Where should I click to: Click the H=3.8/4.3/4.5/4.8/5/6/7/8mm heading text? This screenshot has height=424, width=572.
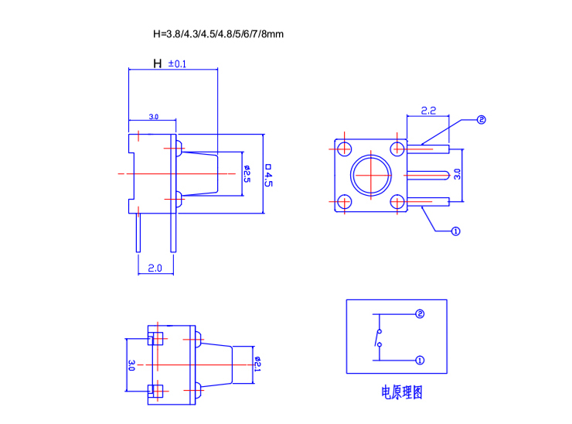coord(219,34)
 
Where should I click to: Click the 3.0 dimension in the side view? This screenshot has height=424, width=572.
coord(153,117)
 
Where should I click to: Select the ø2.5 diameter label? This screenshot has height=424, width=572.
coord(247,173)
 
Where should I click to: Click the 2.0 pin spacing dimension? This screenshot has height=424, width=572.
coord(155,268)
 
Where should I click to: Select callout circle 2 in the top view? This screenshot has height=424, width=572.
coord(480,120)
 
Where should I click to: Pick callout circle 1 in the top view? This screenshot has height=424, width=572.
coord(455,231)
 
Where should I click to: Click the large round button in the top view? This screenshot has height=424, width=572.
coord(370,175)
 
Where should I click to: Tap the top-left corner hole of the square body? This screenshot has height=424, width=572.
coord(343,148)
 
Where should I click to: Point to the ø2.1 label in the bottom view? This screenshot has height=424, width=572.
coord(257,364)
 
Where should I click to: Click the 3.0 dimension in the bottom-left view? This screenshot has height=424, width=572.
coord(131,365)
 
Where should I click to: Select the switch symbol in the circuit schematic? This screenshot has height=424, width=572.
coord(378,337)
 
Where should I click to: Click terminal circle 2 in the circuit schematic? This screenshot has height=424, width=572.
coord(420,314)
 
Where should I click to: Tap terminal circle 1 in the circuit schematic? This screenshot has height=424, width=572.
coord(420,360)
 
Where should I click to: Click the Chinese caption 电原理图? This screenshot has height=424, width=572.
coord(402,393)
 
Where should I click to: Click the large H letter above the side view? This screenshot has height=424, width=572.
coord(158,63)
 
